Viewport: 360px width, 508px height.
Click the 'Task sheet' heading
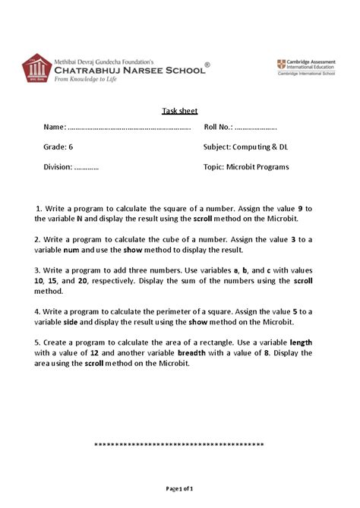coord(180,111)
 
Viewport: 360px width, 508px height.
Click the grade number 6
coord(71,147)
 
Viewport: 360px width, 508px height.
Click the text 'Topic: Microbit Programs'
coord(246,167)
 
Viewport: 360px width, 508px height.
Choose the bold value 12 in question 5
coord(95,353)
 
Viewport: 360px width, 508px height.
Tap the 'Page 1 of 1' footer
coord(179,489)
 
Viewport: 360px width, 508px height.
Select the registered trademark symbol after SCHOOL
coord(207,65)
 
